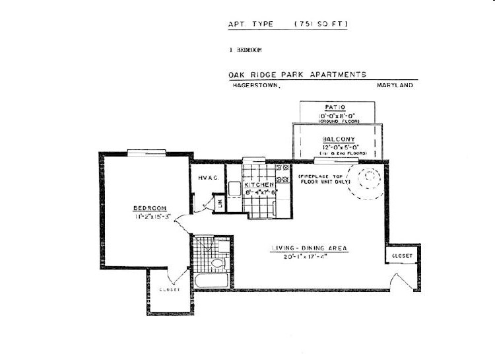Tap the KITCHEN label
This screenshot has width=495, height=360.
[x=255, y=185]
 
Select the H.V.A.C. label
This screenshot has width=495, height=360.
[x=208, y=177]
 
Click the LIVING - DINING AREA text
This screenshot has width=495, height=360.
[x=309, y=248]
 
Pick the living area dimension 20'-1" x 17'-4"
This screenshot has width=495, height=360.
[x=309, y=256]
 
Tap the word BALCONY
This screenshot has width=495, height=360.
[x=339, y=139]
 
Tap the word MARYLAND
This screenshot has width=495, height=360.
[x=395, y=86]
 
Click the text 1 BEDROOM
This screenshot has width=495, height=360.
[x=246, y=50]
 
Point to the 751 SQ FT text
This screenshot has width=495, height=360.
[x=321, y=24]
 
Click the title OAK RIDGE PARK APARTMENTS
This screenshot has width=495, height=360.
[x=297, y=75]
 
